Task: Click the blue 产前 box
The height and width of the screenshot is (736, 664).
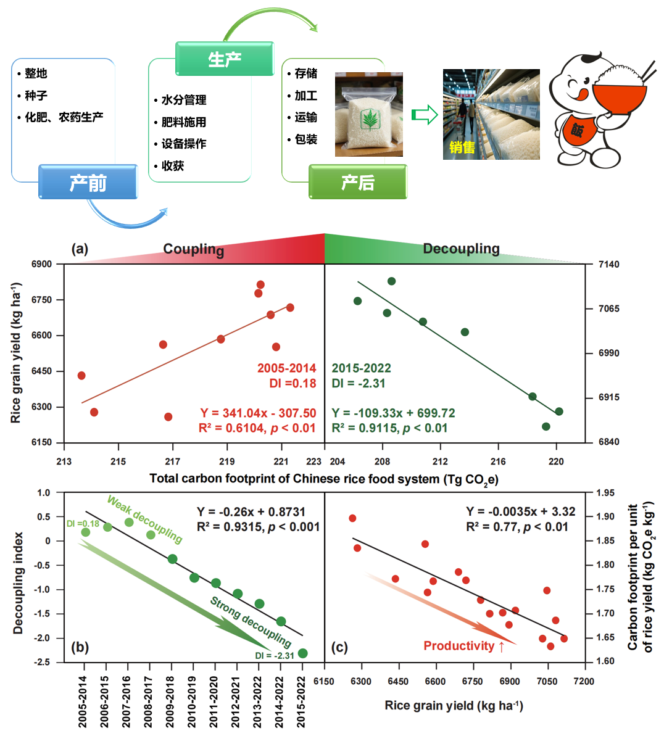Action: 88,181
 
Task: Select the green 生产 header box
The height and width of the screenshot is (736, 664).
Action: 225,59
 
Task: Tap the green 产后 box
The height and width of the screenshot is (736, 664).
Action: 358,181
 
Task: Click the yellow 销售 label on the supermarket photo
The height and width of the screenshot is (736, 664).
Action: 462,147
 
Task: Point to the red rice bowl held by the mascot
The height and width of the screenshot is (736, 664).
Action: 619,94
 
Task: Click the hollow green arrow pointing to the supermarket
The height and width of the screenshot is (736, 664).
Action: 425,115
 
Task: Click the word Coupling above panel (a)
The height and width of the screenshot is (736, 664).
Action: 194,249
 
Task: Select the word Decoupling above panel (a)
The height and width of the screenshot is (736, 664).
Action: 461,248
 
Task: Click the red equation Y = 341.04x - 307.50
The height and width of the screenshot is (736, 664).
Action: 259,413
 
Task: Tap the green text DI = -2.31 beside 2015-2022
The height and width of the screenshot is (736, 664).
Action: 359,384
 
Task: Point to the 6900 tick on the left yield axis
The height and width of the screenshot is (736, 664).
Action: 41,264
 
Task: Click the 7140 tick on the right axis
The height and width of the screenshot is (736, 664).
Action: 608,264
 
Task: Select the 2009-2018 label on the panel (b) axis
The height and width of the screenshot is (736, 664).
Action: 170,701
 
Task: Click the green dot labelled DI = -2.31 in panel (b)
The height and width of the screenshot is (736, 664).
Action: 303,653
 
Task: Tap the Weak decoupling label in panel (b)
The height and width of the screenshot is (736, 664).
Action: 144,519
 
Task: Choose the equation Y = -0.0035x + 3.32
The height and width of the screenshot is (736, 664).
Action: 520,511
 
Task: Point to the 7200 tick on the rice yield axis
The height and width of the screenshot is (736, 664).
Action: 584,681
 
